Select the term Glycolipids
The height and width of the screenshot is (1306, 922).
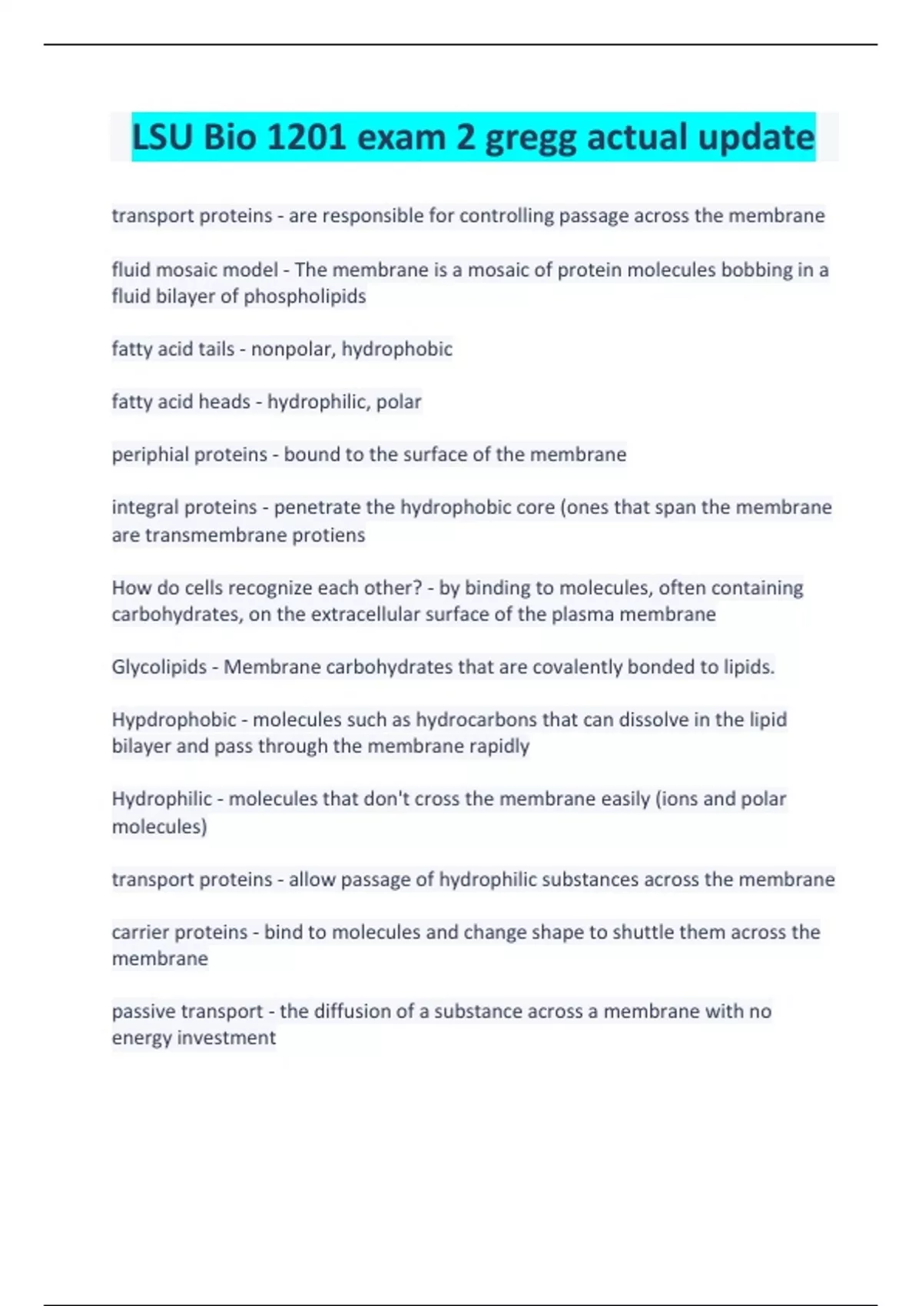(x=159, y=667)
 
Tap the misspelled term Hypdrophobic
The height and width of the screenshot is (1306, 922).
(x=174, y=720)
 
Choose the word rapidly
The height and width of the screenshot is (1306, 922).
(x=499, y=747)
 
